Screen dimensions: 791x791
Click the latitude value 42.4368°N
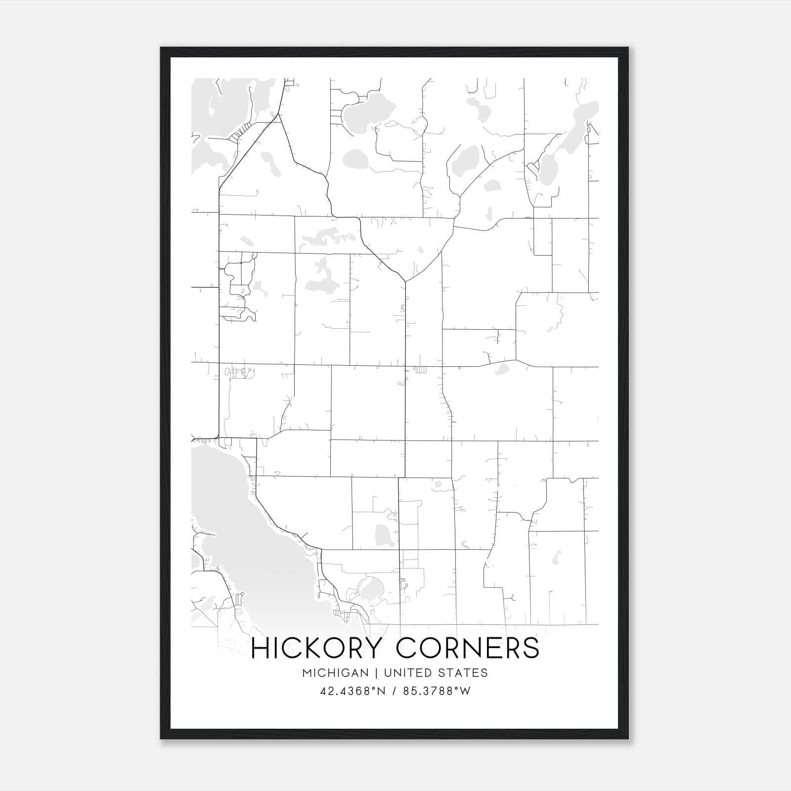click(x=352, y=691)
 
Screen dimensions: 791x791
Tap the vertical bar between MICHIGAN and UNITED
click(x=376, y=673)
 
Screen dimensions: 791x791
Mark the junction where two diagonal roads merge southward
click(x=405, y=281)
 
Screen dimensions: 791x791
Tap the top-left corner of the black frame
click(x=161, y=48)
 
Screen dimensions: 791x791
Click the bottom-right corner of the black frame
click(x=628, y=739)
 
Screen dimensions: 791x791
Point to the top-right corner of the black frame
click(x=628, y=48)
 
